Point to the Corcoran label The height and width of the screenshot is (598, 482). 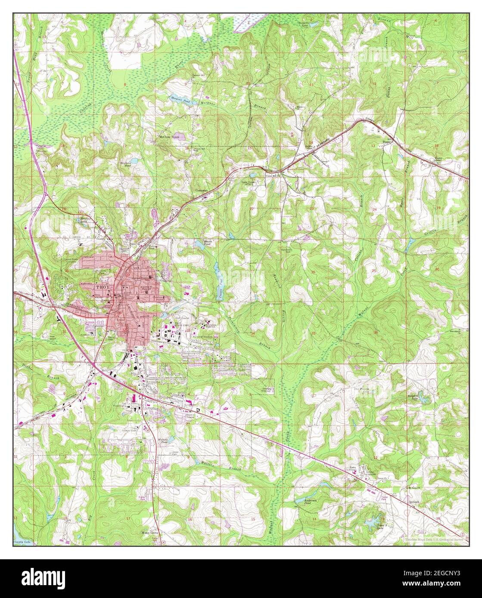click(x=202, y=190)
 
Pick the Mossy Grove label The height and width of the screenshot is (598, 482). click(x=151, y=533)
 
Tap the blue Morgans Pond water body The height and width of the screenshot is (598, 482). click(x=179, y=99)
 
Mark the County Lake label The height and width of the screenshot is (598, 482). click(x=22, y=542)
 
